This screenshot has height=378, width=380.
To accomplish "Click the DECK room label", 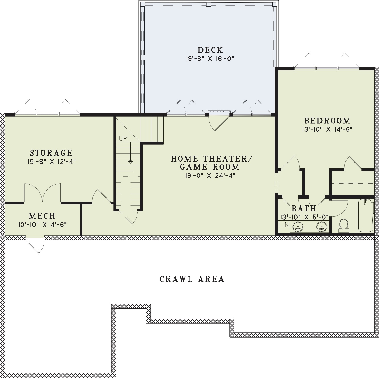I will tap(210, 50).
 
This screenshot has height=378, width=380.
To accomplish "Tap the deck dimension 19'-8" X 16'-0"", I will tap(210, 59).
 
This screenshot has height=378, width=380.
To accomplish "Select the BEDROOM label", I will tap(327, 121).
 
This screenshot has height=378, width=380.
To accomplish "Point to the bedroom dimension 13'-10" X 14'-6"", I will tap(327, 129).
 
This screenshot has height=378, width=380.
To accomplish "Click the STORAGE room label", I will tap(51, 153).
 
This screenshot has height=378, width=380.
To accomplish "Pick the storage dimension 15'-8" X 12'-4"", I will tap(51, 162).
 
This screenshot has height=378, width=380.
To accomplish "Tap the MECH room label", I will tap(42, 216).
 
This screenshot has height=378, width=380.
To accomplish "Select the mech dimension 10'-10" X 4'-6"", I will tap(42, 224).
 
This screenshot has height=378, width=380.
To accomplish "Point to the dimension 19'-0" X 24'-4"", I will tap(210, 176).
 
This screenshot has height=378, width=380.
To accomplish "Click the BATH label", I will tap(304, 208).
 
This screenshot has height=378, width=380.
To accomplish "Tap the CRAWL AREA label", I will tap(192, 279).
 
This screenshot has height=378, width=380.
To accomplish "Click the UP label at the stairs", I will tap(123, 139).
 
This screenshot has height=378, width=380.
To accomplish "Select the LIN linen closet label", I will tap(284, 225).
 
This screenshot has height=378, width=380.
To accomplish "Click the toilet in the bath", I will tap(343, 225).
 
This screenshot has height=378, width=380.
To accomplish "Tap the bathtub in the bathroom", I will tap(366, 216).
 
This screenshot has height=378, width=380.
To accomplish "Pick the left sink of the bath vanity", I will tap(298, 227).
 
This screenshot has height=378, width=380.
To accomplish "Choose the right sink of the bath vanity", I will tap(322, 227).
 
